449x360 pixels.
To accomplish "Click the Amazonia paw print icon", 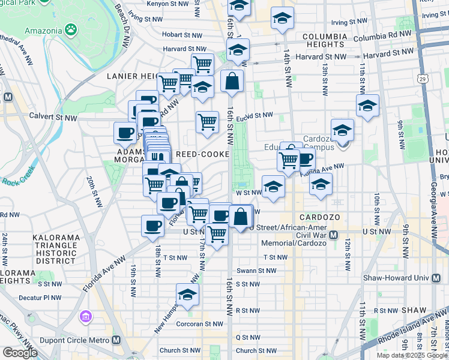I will [x=71, y=28].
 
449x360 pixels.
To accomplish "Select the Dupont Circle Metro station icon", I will [x=116, y=340].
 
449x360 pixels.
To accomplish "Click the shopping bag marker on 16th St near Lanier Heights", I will [x=232, y=80].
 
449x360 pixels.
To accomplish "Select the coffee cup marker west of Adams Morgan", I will [x=125, y=133].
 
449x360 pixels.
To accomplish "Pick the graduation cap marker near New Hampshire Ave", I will [x=187, y=294].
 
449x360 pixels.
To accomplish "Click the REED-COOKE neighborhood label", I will [x=202, y=154].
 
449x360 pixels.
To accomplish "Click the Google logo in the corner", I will [x=20, y=353].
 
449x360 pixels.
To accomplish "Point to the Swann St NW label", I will [x=256, y=271].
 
